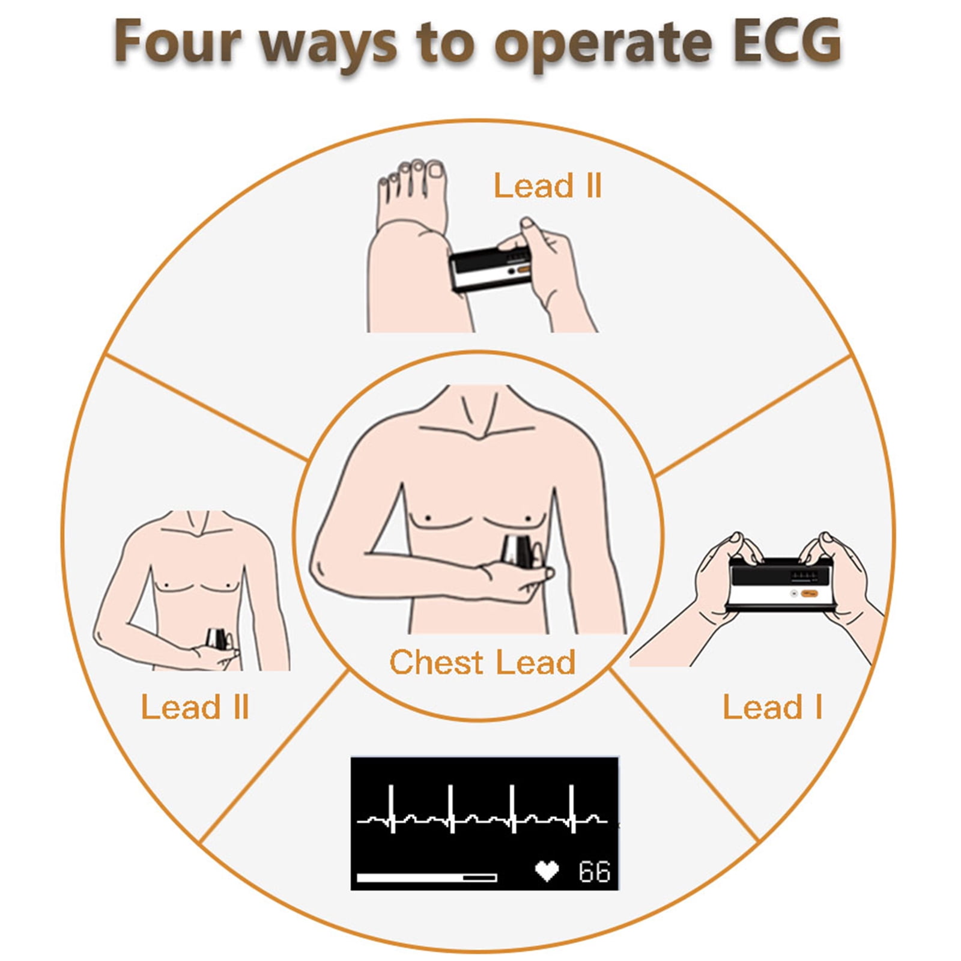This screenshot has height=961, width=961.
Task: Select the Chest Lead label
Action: pyautogui.click(x=482, y=662)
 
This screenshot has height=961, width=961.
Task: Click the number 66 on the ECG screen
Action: pyautogui.click(x=594, y=872)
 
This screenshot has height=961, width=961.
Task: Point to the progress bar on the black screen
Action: pyautogui.click(x=426, y=878)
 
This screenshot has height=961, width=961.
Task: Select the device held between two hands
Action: pyautogui.click(x=781, y=583)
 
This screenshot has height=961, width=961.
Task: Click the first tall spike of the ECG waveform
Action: pyautogui.click(x=392, y=808)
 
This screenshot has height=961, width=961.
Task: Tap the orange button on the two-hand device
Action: pyautogui.click(x=809, y=593)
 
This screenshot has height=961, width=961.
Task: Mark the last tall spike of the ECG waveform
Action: pyautogui.click(x=572, y=808)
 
